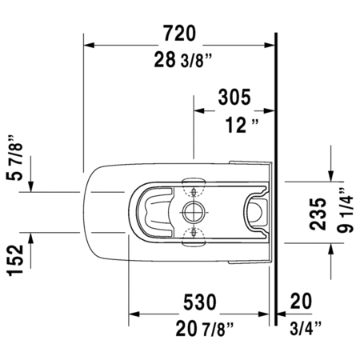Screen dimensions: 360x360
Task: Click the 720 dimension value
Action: coord(180,33)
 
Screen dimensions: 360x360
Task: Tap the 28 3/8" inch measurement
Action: coord(183,59)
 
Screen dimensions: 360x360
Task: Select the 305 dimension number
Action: coord(234,97)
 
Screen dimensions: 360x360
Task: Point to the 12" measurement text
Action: coord(242,125)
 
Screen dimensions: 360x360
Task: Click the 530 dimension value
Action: coord(200,302)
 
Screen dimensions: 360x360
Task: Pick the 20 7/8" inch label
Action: coord(205,329)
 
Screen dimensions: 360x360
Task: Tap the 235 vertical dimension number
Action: coord(318,214)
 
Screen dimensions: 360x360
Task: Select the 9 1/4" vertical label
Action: coord(345,210)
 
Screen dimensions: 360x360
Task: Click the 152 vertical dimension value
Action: coord(15,260)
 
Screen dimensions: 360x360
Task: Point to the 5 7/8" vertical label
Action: coord(14,158)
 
